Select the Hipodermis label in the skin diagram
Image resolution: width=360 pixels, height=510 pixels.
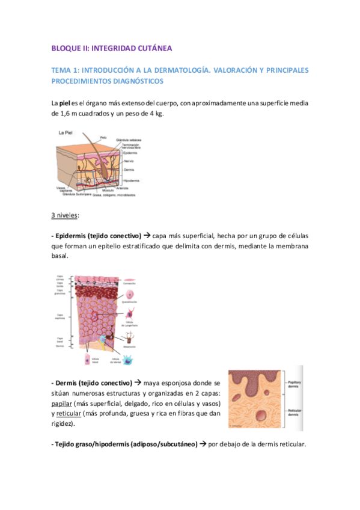point(131,180)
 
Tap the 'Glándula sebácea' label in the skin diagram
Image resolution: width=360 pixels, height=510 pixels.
point(133,140)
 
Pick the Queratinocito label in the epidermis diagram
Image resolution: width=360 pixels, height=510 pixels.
point(131,302)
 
